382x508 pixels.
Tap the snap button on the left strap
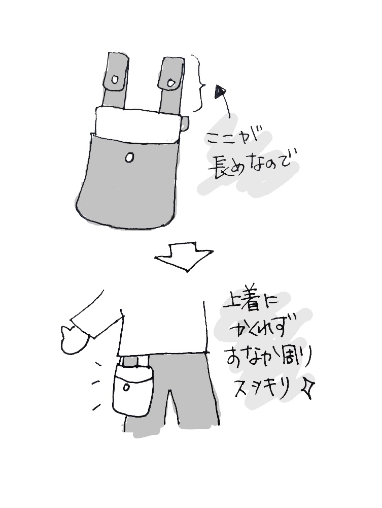click(x=115, y=80)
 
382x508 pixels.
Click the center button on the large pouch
click(x=129, y=158)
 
